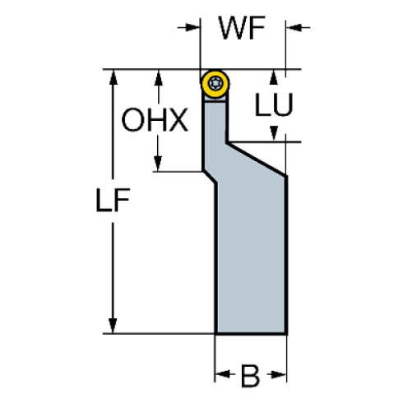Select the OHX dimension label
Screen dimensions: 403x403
pyautogui.click(x=155, y=122)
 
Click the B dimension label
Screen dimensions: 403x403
pyautogui.click(x=250, y=378)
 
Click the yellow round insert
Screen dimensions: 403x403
pyautogui.click(x=215, y=84)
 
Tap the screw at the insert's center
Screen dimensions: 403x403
pyautogui.click(x=215, y=83)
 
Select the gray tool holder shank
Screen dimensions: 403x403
pyautogui.click(x=249, y=247)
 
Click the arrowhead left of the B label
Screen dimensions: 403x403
pyautogui.click(x=222, y=378)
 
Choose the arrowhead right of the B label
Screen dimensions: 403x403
pyautogui.click(x=277, y=378)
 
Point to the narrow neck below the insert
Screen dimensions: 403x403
pyautogui.click(x=213, y=132)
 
